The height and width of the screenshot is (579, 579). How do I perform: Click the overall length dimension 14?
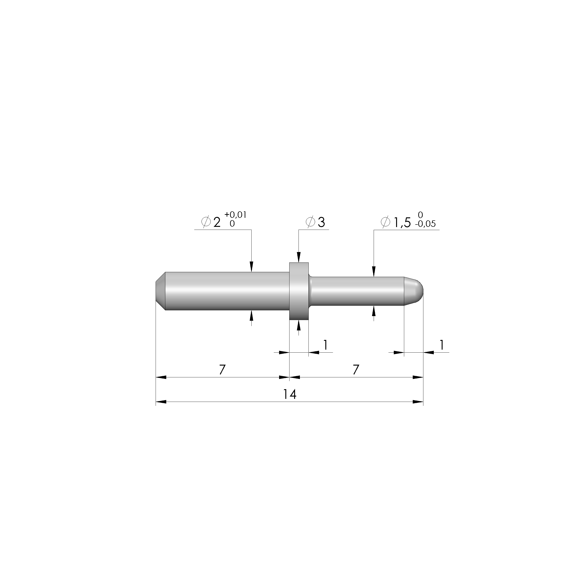pos(290,394)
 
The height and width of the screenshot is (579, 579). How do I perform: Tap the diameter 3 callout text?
pos(321,222)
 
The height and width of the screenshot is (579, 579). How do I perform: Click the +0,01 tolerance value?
pos(236,215)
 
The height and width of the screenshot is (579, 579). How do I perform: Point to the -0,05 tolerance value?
pos(425,224)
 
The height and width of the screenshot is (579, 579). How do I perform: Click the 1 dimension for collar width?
pos(325,345)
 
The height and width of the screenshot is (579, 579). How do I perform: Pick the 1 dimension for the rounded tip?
pos(441,345)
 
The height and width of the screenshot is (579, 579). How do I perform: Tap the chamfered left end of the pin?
pos(160,291)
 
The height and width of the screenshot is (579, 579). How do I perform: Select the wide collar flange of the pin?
pos(299,291)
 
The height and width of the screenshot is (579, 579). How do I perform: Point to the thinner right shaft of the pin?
pos(357,291)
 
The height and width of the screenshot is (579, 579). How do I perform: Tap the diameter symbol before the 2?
pos(206,222)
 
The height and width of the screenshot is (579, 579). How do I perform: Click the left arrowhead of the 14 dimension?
pos(161,402)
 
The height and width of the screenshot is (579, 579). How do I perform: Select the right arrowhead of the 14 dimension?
pos(418,402)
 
